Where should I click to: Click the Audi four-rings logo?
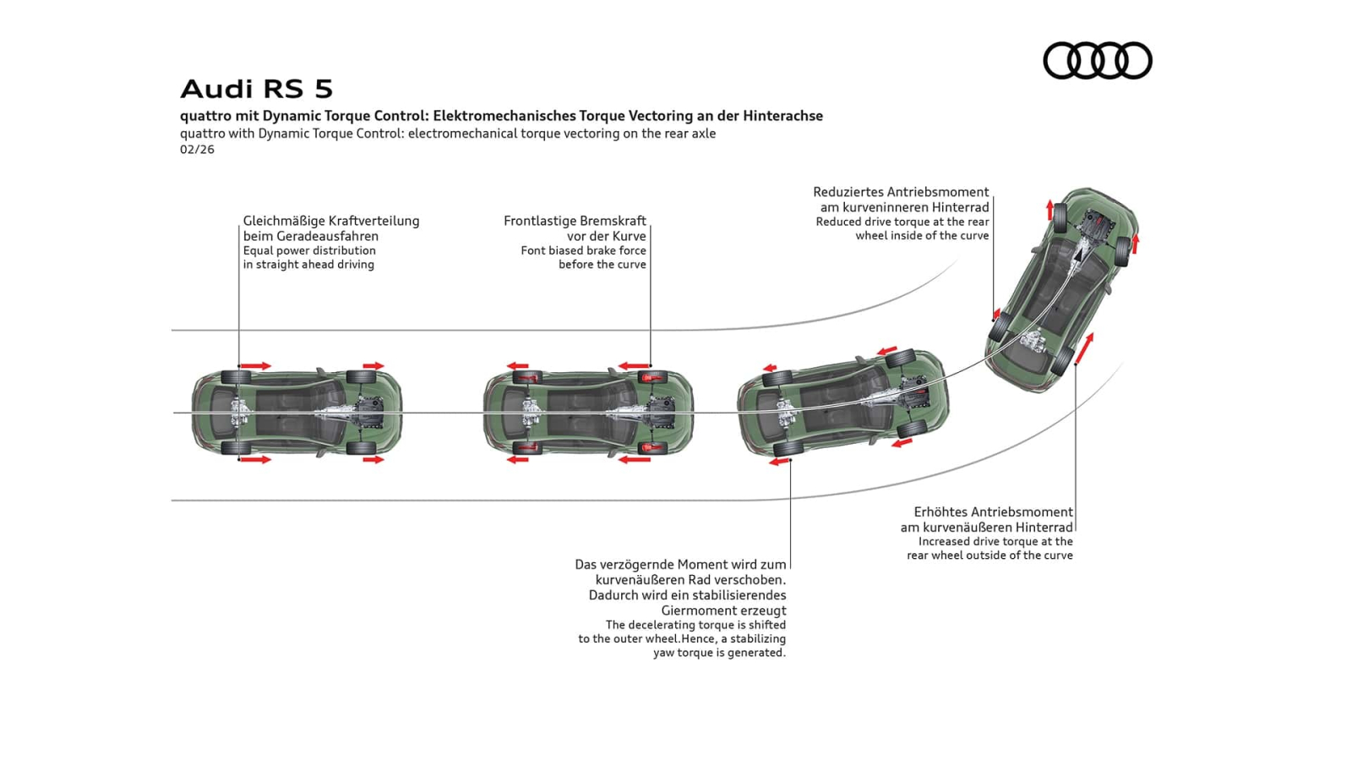point(1097,61)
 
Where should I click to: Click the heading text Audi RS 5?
point(256,89)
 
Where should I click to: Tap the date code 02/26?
point(197,150)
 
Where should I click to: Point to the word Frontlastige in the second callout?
point(540,221)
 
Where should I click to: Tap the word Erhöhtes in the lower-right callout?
point(940,512)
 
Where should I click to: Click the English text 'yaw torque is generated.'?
point(719,653)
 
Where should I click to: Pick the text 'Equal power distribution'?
point(309,250)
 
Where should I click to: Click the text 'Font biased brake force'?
point(583,250)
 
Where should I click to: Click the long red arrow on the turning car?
point(1084,349)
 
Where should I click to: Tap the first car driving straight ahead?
point(297,413)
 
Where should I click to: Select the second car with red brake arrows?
point(588,413)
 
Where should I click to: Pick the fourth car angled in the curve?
point(1062,290)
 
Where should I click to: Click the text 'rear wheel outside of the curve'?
point(989,556)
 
